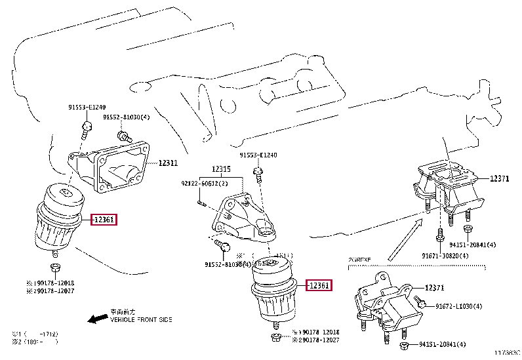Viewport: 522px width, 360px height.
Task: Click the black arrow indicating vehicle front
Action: pyautogui.click(x=98, y=318)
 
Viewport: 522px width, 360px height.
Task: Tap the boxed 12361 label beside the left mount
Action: pyautogui.click(x=104, y=220)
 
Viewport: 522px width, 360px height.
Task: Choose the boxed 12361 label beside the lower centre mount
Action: pyautogui.click(x=317, y=285)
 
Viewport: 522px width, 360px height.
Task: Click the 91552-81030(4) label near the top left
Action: pyautogui.click(x=127, y=117)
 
